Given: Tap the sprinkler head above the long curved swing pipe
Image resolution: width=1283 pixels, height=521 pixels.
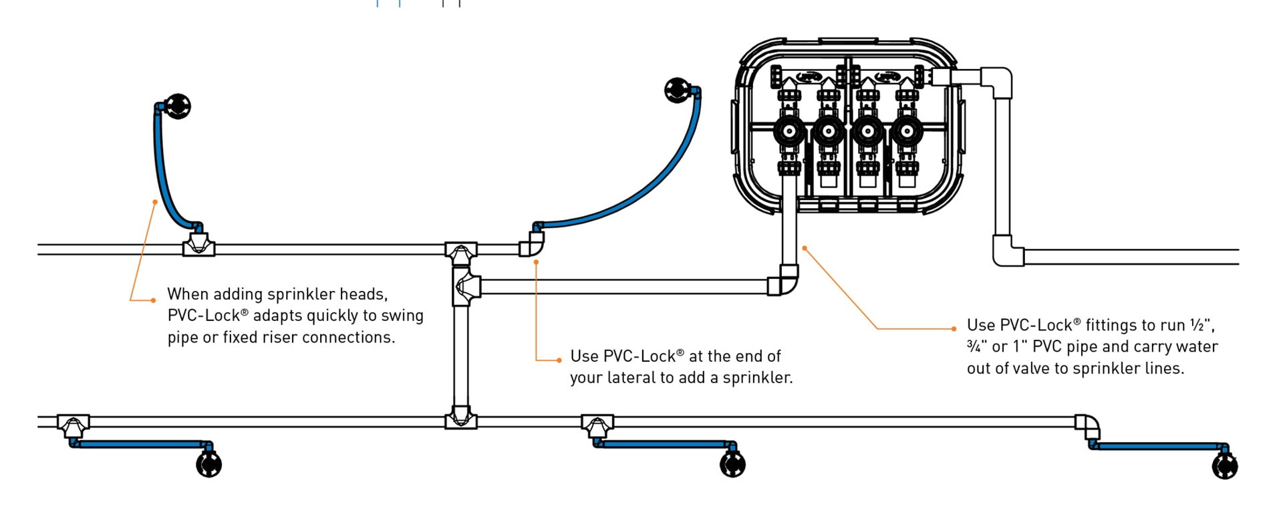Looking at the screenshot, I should tap(677, 90).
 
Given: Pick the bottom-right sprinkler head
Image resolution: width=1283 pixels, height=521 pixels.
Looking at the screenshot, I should tap(1224, 466).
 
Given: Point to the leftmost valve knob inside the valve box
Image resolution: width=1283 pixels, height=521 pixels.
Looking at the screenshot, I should tap(789, 132).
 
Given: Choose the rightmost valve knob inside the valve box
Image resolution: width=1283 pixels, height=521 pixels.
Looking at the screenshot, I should tap(907, 132).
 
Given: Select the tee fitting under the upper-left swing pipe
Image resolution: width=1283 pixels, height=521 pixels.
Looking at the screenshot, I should tap(198, 246).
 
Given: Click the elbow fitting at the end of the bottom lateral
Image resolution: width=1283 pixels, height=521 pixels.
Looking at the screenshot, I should tap(1089, 425).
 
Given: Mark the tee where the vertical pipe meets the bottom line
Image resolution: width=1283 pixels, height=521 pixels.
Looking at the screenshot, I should tap(460, 419).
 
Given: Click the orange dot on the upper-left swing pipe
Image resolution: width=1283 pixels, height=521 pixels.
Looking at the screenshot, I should tap(155, 201).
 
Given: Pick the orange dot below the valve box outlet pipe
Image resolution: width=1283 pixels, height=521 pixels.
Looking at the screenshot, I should tap(805, 248).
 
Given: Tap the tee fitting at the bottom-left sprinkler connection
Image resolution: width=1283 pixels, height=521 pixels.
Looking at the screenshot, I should tap(72, 425).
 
